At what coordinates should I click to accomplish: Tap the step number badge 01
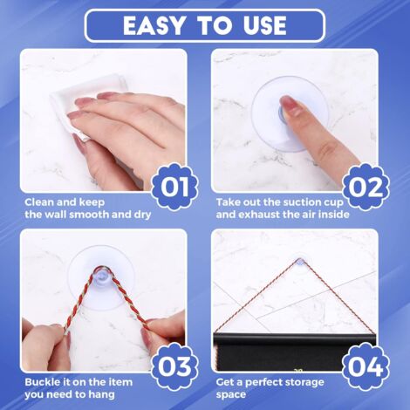(x=174, y=186)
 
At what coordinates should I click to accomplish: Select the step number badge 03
(x=174, y=366)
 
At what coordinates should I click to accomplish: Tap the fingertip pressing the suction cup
(x=290, y=110)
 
